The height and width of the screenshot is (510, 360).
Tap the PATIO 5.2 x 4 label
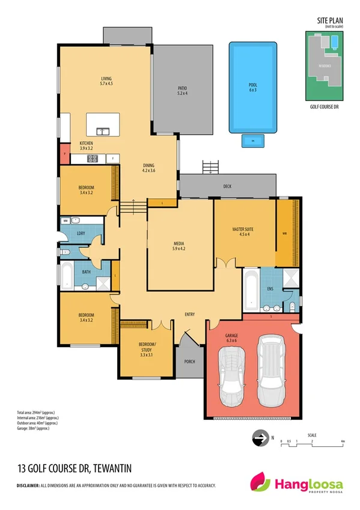coord(182,90)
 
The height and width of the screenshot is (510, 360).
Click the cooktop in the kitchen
coord(93,159)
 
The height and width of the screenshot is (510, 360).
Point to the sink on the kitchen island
coord(102,129)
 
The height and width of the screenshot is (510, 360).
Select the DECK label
coord(227,186)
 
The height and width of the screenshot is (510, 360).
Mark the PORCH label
coord(189,361)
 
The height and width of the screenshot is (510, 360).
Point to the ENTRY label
coord(189,313)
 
